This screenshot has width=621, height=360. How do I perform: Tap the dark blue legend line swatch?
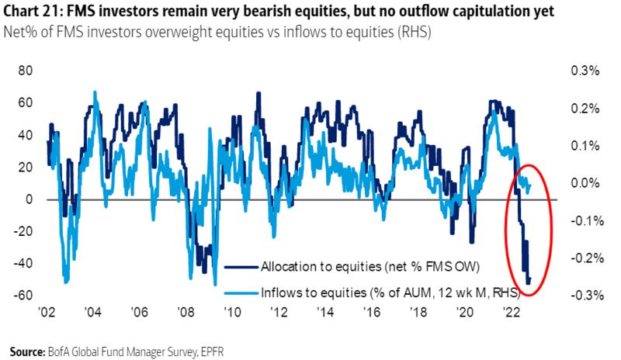pyautogui.click(x=241, y=267)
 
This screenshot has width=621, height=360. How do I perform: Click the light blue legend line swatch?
pyautogui.click(x=241, y=292)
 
